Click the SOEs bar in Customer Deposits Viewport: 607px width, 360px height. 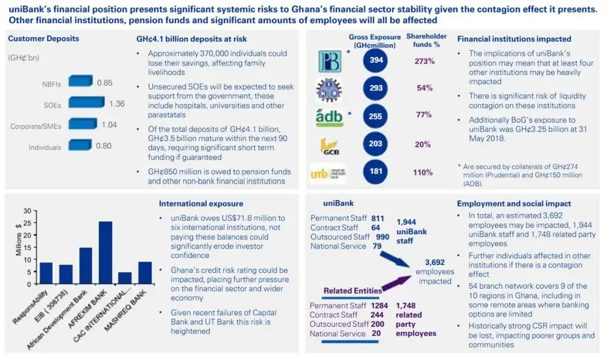tap(87, 103)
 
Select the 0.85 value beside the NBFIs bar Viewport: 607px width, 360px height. tap(104, 82)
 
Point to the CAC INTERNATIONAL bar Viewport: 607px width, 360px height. tap(125, 278)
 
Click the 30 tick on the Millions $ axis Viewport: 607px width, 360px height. tap(25, 211)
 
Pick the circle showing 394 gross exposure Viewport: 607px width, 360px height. tap(376, 61)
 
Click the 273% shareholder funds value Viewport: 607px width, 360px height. tap(424, 61)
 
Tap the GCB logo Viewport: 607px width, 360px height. tap(329, 145)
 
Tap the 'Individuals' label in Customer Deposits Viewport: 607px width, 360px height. tap(45, 147)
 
